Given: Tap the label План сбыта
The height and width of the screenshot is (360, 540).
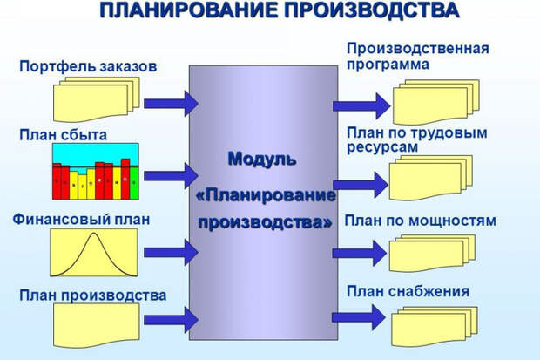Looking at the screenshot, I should click(x=63, y=134).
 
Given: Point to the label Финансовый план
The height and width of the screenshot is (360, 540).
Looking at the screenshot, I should click(x=83, y=218).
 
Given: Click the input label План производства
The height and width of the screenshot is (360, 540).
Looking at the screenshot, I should click(x=91, y=295).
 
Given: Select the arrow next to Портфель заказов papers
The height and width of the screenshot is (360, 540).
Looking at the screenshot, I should click(x=170, y=104).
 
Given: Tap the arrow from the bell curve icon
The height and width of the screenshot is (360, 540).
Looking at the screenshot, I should click(x=170, y=253).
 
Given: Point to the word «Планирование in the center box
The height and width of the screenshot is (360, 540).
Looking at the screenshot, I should click(x=267, y=192).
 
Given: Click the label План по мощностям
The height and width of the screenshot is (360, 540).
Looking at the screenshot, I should click(x=421, y=221).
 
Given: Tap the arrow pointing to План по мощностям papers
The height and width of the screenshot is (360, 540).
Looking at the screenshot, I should click(x=358, y=253).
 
